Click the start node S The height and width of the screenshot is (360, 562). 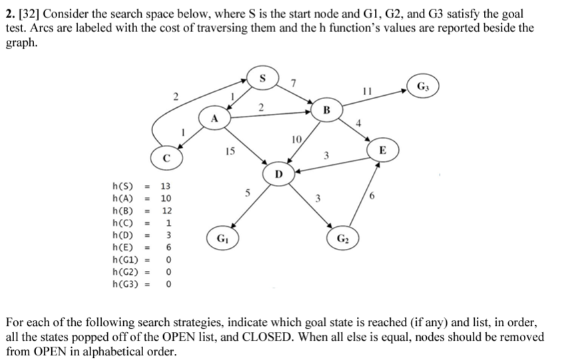(262, 78)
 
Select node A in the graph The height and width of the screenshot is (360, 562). (214, 119)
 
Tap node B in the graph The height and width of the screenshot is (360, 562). (326, 109)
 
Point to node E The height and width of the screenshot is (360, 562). (382, 150)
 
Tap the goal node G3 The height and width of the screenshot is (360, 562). (423, 87)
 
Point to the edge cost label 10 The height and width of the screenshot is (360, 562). (297, 139)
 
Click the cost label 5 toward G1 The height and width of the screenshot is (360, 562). (246, 194)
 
